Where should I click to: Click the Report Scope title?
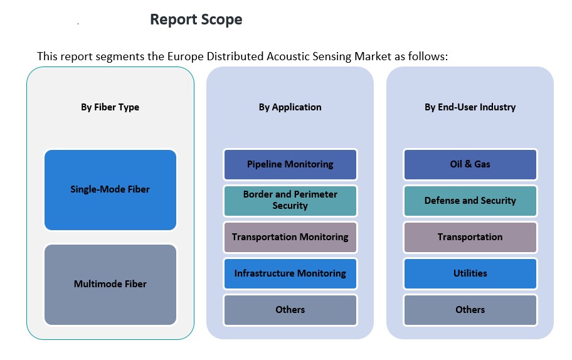tap(196, 20)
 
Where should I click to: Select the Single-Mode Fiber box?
tap(110, 189)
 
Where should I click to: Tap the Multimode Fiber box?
tap(110, 284)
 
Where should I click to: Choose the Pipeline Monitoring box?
tap(290, 164)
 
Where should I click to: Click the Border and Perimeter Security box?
tap(290, 201)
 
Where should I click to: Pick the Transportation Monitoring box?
tap(290, 237)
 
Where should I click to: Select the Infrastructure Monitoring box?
tap(290, 273)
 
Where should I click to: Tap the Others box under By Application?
tap(290, 310)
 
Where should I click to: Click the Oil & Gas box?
tap(470, 164)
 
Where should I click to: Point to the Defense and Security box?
tap(470, 201)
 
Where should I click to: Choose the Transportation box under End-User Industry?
tap(470, 237)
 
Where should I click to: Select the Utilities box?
tap(470, 273)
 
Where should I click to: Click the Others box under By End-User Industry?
tap(470, 310)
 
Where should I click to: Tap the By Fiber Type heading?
tap(110, 107)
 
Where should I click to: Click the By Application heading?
tap(290, 107)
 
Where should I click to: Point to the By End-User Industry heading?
tap(470, 107)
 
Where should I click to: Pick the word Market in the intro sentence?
tap(370, 56)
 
